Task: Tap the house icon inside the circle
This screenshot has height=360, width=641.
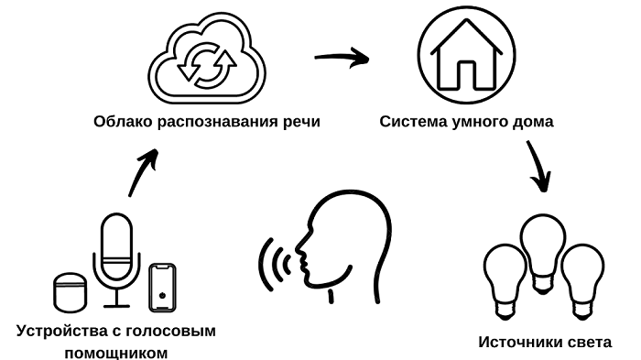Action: tap(465, 60)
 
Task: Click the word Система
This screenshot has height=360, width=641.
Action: tap(411, 121)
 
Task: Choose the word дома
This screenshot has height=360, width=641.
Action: tap(536, 122)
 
